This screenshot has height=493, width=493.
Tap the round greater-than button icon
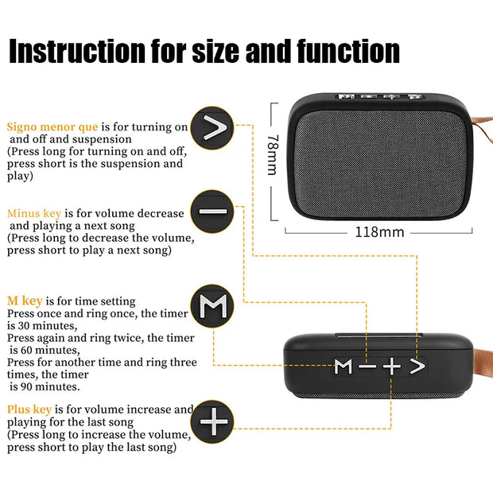pos(212,126)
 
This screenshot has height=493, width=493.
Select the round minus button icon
pos(212,212)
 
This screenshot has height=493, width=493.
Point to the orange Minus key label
pos(34,213)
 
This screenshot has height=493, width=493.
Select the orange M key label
pos(25,301)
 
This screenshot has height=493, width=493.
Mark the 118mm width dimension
pos(379,232)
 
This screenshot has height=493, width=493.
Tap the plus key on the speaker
pos(391,366)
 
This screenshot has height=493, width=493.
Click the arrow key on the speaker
pos(417,366)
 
